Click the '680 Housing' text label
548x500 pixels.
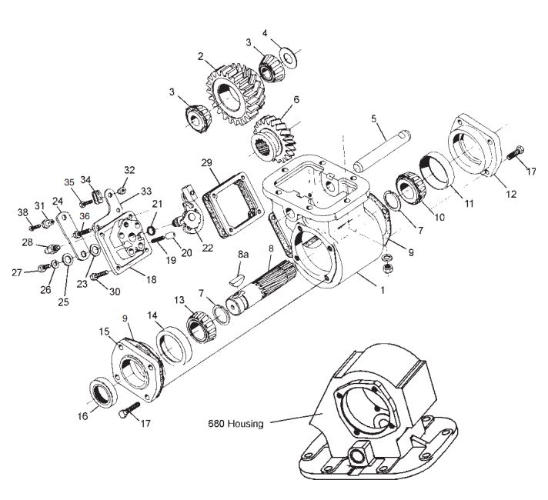click(x=236, y=424)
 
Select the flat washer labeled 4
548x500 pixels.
click(x=289, y=57)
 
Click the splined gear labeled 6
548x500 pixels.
click(x=275, y=139)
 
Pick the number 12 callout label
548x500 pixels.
click(x=511, y=194)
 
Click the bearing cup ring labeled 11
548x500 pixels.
click(x=436, y=170)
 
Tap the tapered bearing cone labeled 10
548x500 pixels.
click(x=411, y=188)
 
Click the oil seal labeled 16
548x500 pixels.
click(x=104, y=392)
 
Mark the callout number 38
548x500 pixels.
click(x=23, y=212)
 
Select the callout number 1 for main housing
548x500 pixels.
click(x=383, y=290)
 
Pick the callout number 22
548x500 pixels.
click(x=208, y=248)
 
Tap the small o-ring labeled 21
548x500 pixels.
click(x=152, y=230)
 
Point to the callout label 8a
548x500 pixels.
click(x=243, y=255)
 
